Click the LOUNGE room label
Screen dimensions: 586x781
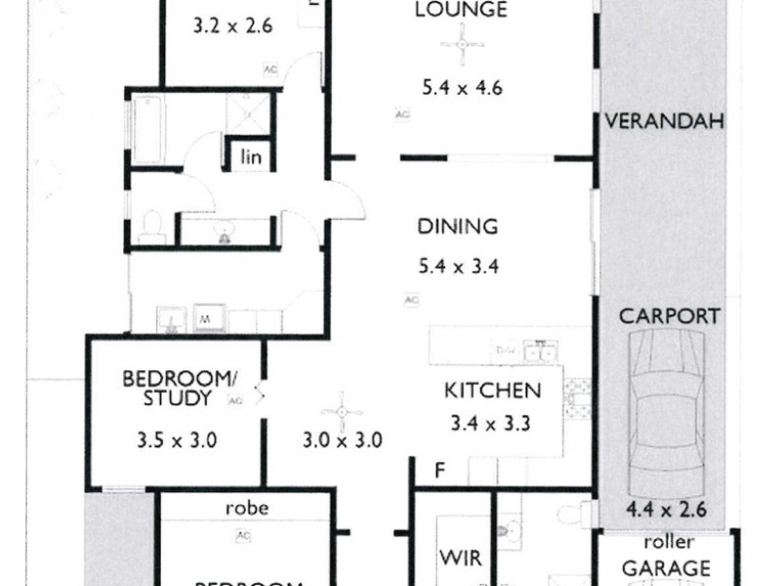coord(447,12)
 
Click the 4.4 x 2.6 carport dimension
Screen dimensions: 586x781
coord(663,509)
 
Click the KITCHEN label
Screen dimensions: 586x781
coord(492,391)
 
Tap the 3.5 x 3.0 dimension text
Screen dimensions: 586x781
coord(177,439)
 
